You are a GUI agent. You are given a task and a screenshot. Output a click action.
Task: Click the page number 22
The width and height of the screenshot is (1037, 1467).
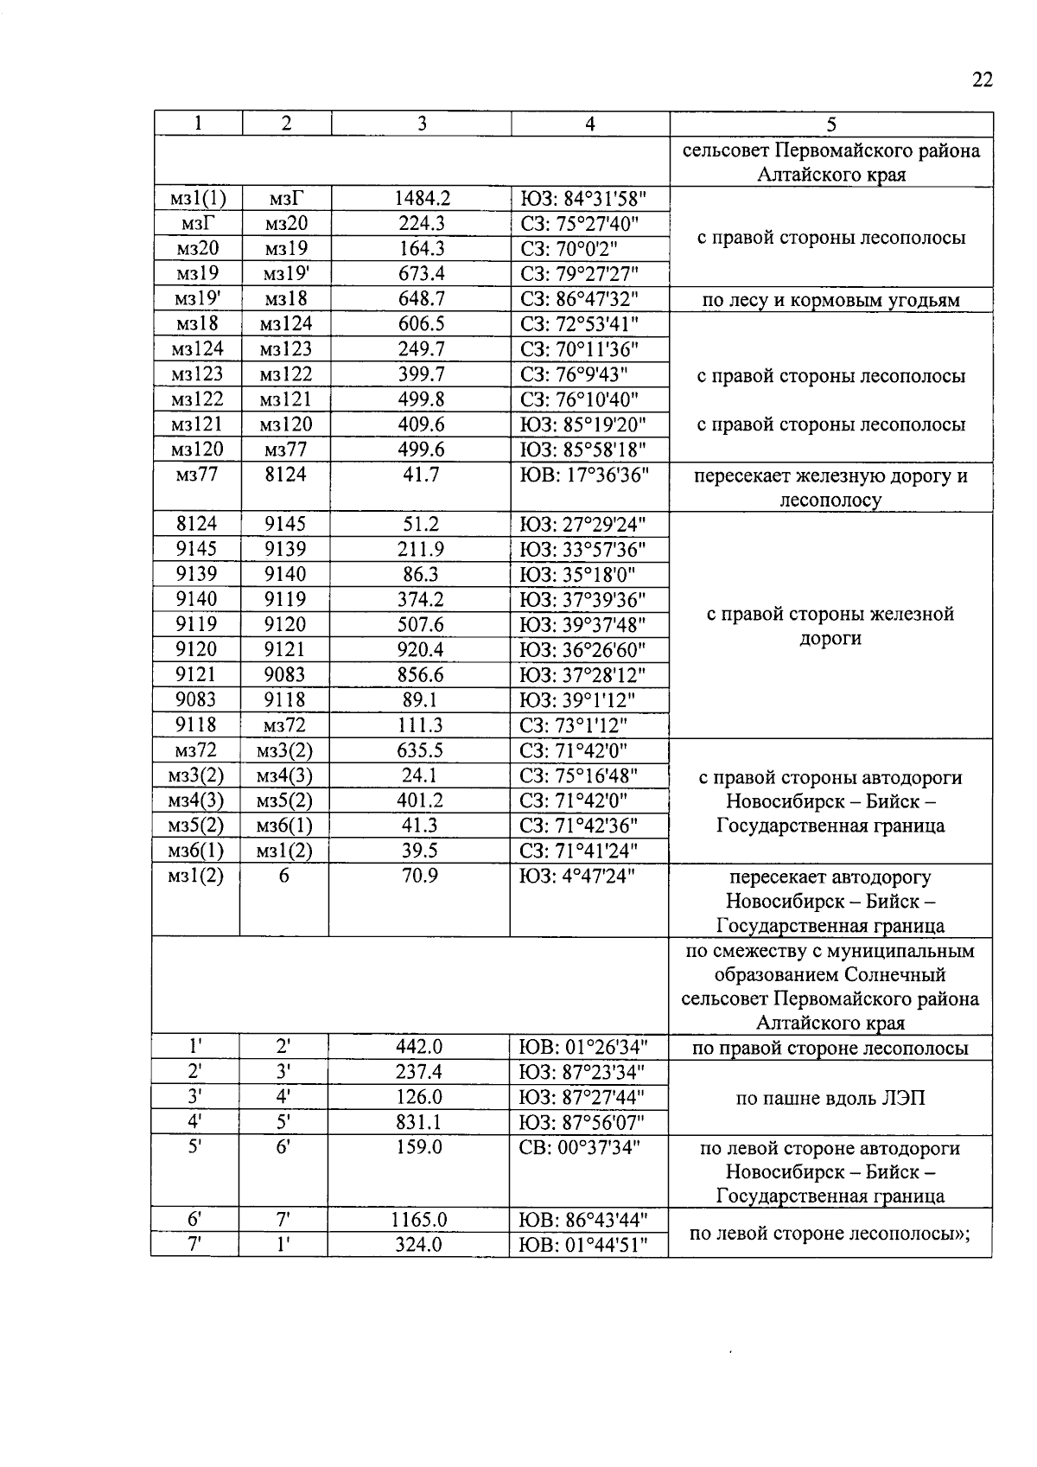coord(982,80)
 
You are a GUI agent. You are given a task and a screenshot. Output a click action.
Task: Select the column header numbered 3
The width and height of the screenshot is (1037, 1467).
coord(421,124)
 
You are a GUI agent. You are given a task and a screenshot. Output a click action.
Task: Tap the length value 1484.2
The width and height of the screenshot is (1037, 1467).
coord(421,199)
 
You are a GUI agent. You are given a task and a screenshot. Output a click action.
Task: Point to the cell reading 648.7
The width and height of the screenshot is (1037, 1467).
coord(421,299)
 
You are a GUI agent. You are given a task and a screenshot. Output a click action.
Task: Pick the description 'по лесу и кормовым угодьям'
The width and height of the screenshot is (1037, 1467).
coord(830,300)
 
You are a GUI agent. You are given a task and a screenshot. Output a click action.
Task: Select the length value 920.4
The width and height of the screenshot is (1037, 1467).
coord(421,649)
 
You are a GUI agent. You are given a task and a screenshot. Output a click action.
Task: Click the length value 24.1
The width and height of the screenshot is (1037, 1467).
coord(421,775)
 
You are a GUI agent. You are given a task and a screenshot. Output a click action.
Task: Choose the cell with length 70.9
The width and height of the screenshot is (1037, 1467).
coord(421,876)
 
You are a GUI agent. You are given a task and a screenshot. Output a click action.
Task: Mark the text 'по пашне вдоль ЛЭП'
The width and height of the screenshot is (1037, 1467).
coord(830,1099)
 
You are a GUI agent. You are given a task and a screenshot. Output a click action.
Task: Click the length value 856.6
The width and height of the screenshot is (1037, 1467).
coord(421,674)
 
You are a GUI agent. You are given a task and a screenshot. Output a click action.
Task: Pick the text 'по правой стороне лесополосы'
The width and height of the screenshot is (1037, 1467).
coord(830,1049)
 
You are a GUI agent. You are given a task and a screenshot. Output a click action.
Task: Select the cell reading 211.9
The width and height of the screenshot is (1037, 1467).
coord(421,549)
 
